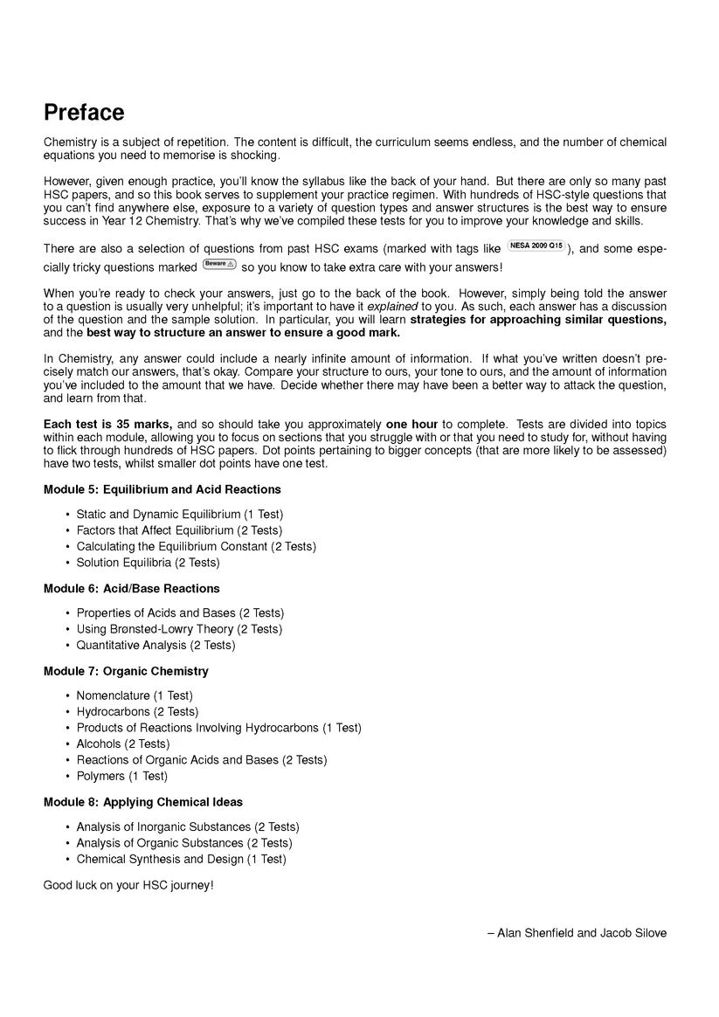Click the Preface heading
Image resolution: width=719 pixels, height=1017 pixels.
pyautogui.click(x=84, y=113)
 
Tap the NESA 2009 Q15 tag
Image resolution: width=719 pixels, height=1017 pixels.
pyautogui.click(x=536, y=247)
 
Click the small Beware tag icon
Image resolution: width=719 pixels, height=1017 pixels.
pyautogui.click(x=218, y=263)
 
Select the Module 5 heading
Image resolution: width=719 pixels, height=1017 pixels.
pyautogui.click(x=162, y=489)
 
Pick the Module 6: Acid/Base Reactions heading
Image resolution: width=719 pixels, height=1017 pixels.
pyautogui.click(x=131, y=588)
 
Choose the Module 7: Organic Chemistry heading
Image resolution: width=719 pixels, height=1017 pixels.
pyautogui.click(x=126, y=671)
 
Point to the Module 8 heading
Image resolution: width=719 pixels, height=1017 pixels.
pyautogui.click(x=143, y=801)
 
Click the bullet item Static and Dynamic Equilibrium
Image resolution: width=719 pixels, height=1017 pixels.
pyautogui.click(x=179, y=514)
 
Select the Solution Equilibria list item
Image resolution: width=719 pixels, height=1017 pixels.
pyautogui.click(x=148, y=563)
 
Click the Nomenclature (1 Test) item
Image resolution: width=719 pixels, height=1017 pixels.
pyautogui.click(x=135, y=695)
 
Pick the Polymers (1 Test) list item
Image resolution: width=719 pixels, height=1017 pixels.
pyautogui.click(x=121, y=776)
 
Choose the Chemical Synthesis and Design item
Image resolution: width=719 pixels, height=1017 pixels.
pyautogui.click(x=181, y=859)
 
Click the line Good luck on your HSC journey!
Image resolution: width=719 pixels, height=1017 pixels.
pyautogui.click(x=128, y=885)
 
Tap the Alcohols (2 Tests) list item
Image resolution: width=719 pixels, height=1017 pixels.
pyautogui.click(x=122, y=744)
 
